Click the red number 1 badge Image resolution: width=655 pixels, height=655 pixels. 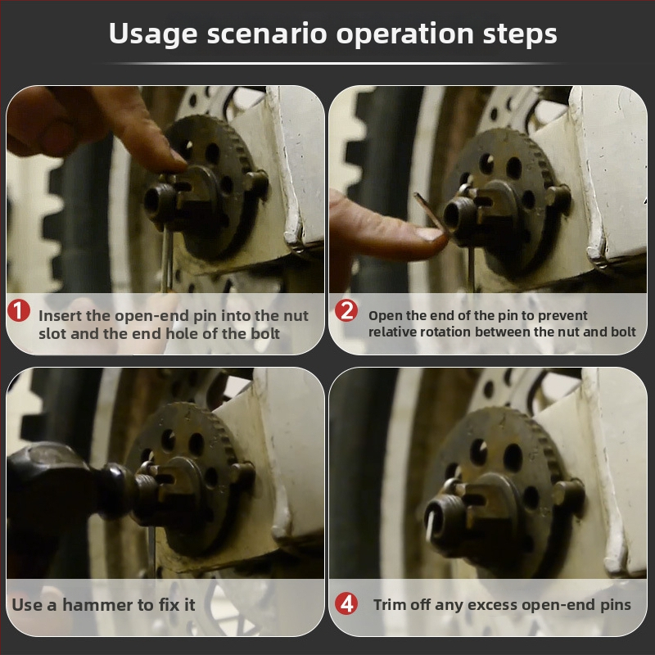(x=19, y=310)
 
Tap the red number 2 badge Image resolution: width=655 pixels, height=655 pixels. (x=346, y=310)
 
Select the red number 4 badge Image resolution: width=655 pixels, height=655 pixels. (x=346, y=603)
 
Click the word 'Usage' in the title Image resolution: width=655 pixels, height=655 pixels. (x=153, y=34)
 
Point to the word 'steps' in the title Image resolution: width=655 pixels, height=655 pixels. (x=520, y=34)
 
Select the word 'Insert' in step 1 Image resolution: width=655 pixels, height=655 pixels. (x=60, y=316)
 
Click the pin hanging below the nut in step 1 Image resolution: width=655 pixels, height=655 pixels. (x=166, y=259)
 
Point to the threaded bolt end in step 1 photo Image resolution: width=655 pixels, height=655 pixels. (x=159, y=201)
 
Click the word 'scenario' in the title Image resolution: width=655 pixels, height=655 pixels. (x=267, y=34)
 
